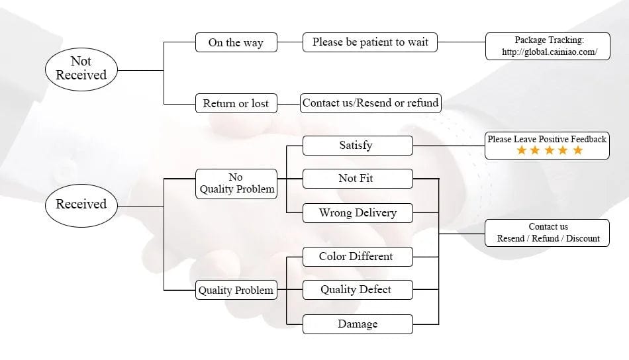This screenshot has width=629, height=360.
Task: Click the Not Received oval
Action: [x=81, y=68]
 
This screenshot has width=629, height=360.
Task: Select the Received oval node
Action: [x=81, y=204]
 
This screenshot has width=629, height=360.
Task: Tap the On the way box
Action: [x=236, y=42]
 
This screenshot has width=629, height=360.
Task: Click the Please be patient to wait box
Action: [x=370, y=42]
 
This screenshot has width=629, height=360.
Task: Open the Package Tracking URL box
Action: [x=547, y=46]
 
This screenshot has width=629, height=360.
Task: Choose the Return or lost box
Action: [x=236, y=103]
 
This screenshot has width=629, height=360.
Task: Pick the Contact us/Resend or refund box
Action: [x=370, y=103]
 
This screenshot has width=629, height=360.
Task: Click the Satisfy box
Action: [x=357, y=146]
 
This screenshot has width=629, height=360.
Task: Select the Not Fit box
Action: [x=357, y=178]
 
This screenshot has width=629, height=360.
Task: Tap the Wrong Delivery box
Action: [x=357, y=213]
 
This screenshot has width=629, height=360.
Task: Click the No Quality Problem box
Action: [x=236, y=183]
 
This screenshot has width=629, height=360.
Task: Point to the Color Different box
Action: [x=357, y=257]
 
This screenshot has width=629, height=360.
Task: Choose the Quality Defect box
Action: [x=357, y=290]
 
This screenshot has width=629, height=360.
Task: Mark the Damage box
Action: [x=357, y=324]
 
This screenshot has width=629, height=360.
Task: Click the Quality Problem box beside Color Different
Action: [x=236, y=290]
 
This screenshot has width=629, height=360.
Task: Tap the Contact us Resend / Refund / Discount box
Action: [x=548, y=232]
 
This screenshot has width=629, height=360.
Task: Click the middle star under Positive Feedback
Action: [x=549, y=151]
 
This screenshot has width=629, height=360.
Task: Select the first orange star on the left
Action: [x=521, y=151]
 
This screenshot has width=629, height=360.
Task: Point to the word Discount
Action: [x=583, y=238]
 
